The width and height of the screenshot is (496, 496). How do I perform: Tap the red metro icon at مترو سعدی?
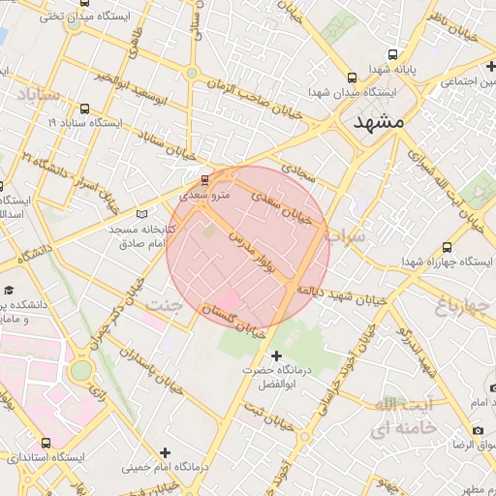click(203, 179)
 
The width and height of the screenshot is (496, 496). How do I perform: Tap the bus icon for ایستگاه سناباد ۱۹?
click(85, 108)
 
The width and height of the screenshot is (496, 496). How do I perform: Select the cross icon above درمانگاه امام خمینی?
click(165, 452)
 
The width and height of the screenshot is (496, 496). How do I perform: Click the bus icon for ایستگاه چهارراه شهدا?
click(446, 247)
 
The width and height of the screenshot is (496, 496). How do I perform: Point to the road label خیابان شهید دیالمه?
click(341, 294)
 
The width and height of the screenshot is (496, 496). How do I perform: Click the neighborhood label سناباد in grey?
click(39, 95)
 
